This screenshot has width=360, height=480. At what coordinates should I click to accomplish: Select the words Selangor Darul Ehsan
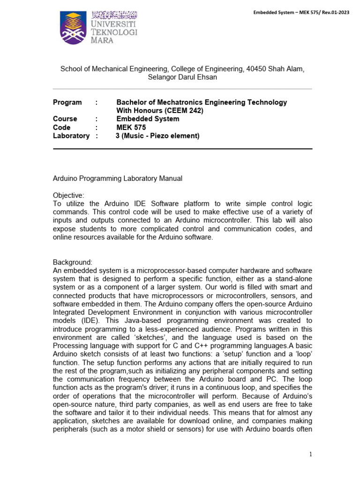(182, 77)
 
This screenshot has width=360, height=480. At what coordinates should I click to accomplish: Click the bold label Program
(67, 102)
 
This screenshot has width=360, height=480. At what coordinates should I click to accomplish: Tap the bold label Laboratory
(71, 136)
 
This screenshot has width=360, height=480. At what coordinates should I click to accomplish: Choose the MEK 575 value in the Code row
(131, 127)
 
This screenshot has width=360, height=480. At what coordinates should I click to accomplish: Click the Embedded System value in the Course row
(148, 119)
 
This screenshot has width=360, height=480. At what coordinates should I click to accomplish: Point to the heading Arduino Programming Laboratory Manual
(117, 178)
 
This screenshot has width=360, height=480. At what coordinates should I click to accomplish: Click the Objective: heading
(68, 195)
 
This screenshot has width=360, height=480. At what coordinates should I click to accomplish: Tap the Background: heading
(72, 262)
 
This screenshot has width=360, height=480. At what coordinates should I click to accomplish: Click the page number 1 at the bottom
(310, 454)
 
